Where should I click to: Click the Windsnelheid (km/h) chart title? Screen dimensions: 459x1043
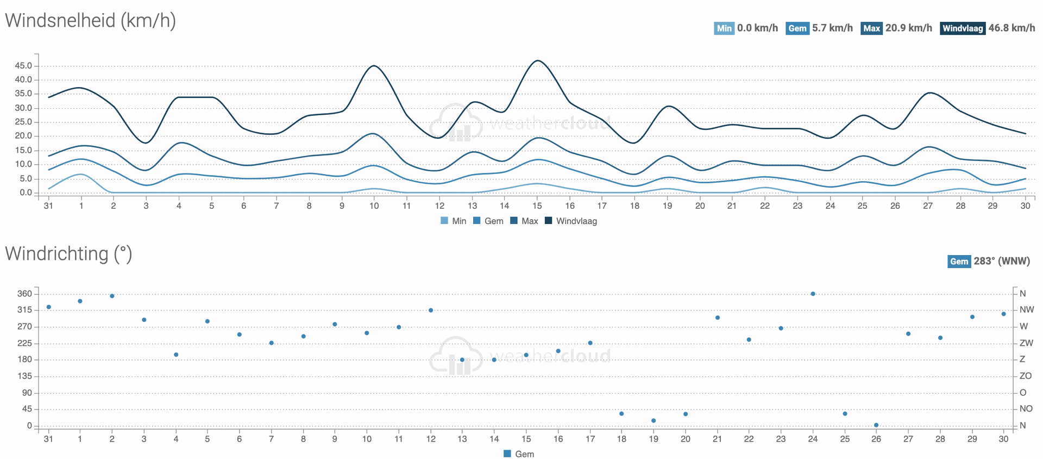pos(90,21)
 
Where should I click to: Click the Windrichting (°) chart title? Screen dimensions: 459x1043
pos(68,254)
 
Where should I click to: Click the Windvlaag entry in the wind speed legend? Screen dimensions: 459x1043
pos(571,221)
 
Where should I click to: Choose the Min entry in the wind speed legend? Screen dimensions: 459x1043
pos(454,221)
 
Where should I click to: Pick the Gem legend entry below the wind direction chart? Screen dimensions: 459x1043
pos(519,454)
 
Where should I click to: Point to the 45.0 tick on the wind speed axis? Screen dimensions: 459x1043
pos(23,66)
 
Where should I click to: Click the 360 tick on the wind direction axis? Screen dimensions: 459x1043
pos(24,294)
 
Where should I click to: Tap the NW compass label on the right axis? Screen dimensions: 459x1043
pos(1027,310)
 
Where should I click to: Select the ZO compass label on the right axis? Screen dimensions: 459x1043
pos(1026,376)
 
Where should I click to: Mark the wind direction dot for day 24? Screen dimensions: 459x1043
pos(813,294)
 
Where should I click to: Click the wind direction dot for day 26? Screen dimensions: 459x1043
pos(876,425)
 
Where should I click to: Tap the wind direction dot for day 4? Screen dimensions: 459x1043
pos(176,355)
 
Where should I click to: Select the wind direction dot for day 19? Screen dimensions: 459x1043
pos(654,420)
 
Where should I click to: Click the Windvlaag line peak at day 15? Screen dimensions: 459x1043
pos(537,60)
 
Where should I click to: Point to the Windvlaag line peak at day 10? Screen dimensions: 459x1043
pos(374,66)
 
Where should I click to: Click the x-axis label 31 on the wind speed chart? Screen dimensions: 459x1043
pos(48,206)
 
